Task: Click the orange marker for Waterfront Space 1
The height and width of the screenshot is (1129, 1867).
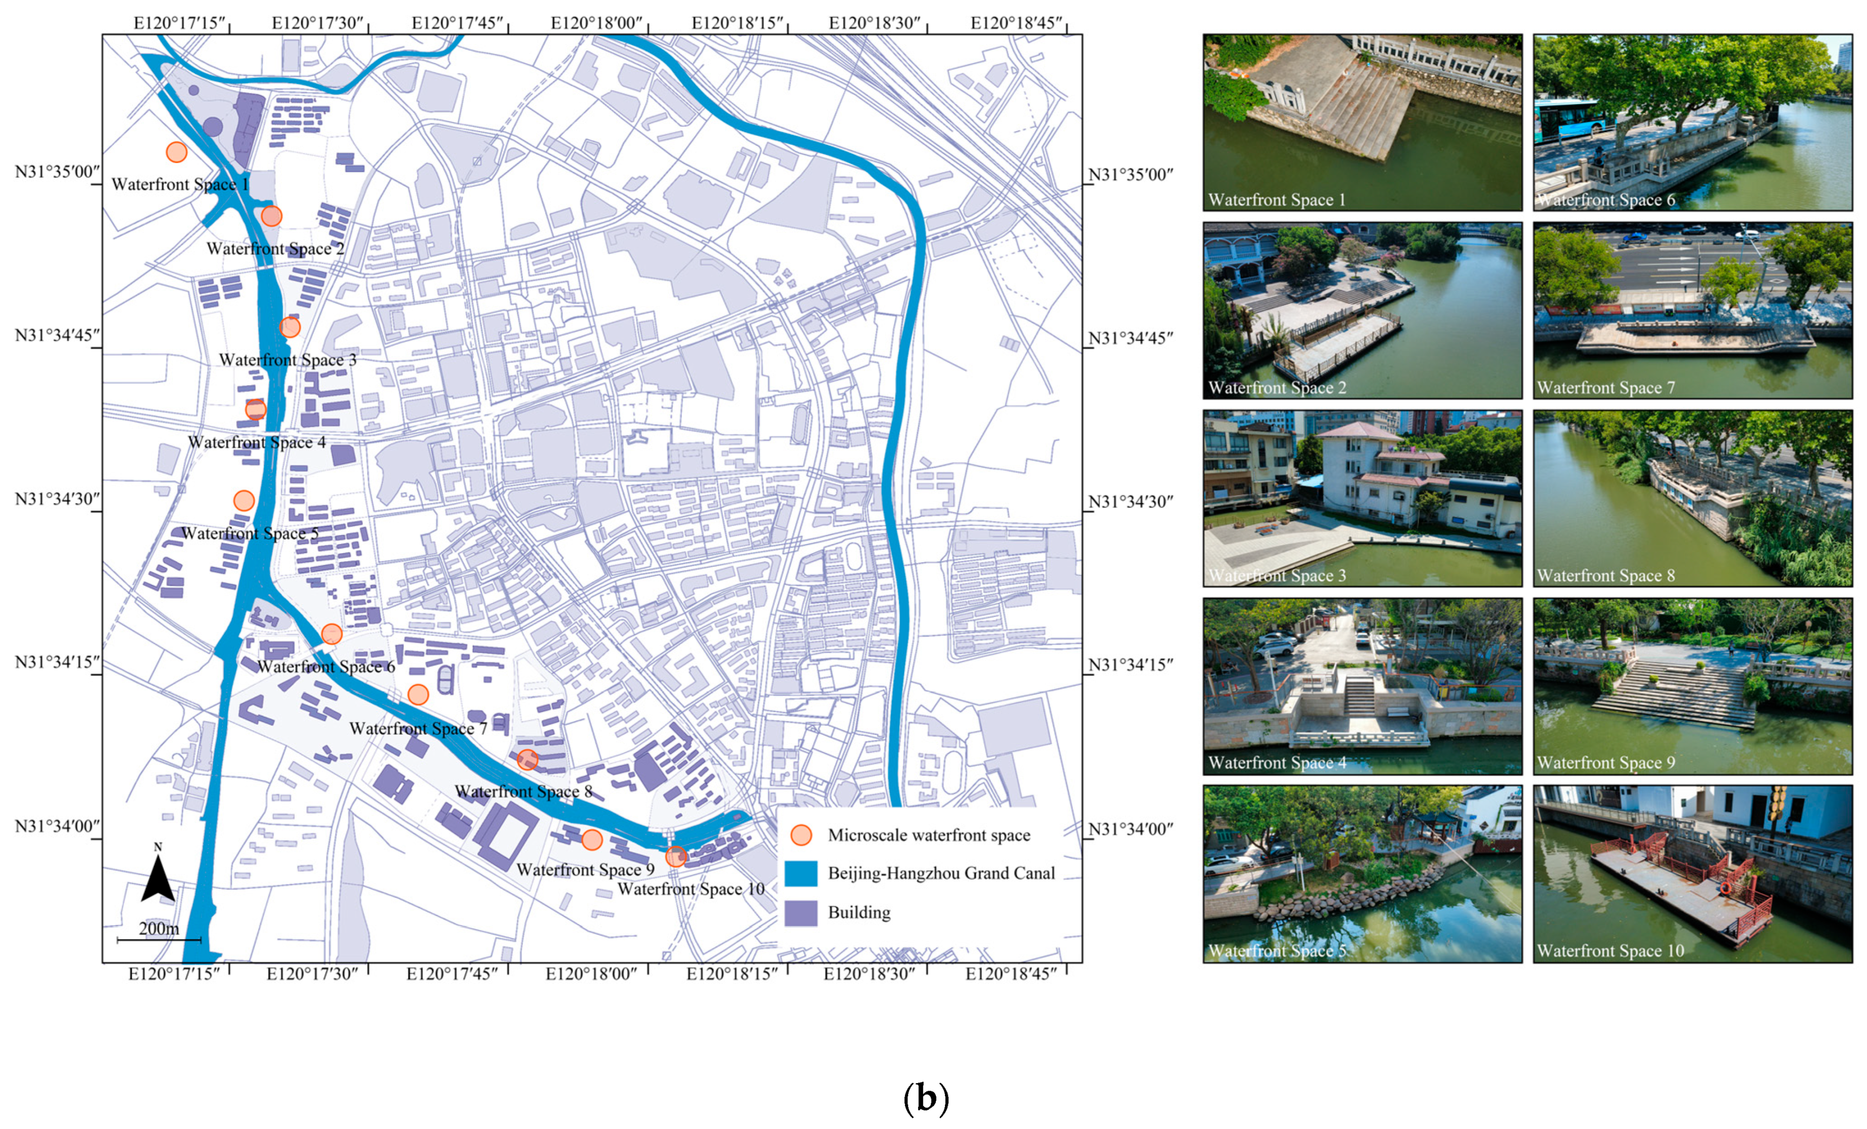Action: pos(177,152)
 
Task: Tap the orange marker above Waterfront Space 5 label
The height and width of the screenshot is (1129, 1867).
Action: pos(243,500)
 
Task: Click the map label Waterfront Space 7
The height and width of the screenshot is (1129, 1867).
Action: pos(417,729)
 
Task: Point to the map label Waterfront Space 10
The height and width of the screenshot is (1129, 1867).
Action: pos(690,889)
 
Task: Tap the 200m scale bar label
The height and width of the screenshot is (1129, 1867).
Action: pos(159,928)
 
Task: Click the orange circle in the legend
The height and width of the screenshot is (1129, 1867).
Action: pos(801,835)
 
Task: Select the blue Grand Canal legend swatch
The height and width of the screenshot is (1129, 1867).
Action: pos(801,874)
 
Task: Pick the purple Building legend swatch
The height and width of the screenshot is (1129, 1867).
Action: pos(801,913)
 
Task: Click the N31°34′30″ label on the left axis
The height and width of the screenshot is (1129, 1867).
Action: pos(58,499)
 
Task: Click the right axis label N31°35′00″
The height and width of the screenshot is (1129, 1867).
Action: pos(1131,175)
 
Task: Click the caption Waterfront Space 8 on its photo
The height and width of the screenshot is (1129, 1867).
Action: pos(1606,576)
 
